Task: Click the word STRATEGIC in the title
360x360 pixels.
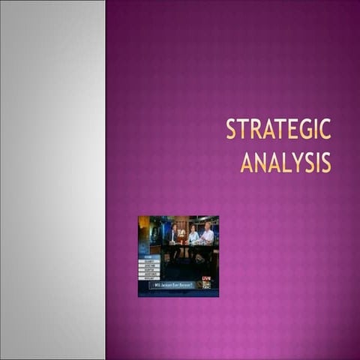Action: (x=278, y=130)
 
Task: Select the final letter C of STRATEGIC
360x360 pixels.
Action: (x=325, y=130)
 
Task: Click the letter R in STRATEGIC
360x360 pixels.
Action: (x=255, y=130)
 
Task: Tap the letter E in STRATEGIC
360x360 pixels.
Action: (x=292, y=130)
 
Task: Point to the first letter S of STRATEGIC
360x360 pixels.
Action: (x=231, y=130)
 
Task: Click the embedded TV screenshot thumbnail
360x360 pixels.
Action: (x=178, y=256)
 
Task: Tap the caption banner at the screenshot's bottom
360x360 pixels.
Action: (x=172, y=285)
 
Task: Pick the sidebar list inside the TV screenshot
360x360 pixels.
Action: (x=149, y=268)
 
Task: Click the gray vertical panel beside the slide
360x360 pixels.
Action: (x=52, y=180)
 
